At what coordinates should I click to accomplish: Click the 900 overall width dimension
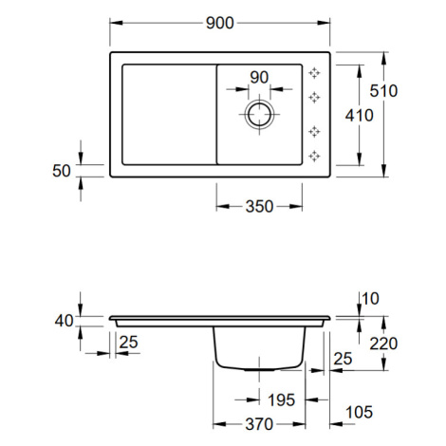point(220,23)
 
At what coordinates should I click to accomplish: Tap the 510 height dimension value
point(383,91)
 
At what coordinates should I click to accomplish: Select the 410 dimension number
point(360,116)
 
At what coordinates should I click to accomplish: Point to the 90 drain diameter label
point(259,78)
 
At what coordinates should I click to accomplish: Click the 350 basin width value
point(259,207)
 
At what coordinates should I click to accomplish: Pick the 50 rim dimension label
point(62,171)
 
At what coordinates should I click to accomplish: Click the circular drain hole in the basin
point(259,114)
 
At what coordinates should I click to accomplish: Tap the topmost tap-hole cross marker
point(314,73)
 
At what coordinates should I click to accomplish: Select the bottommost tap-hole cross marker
point(314,156)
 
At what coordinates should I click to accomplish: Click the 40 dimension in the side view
point(64,321)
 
